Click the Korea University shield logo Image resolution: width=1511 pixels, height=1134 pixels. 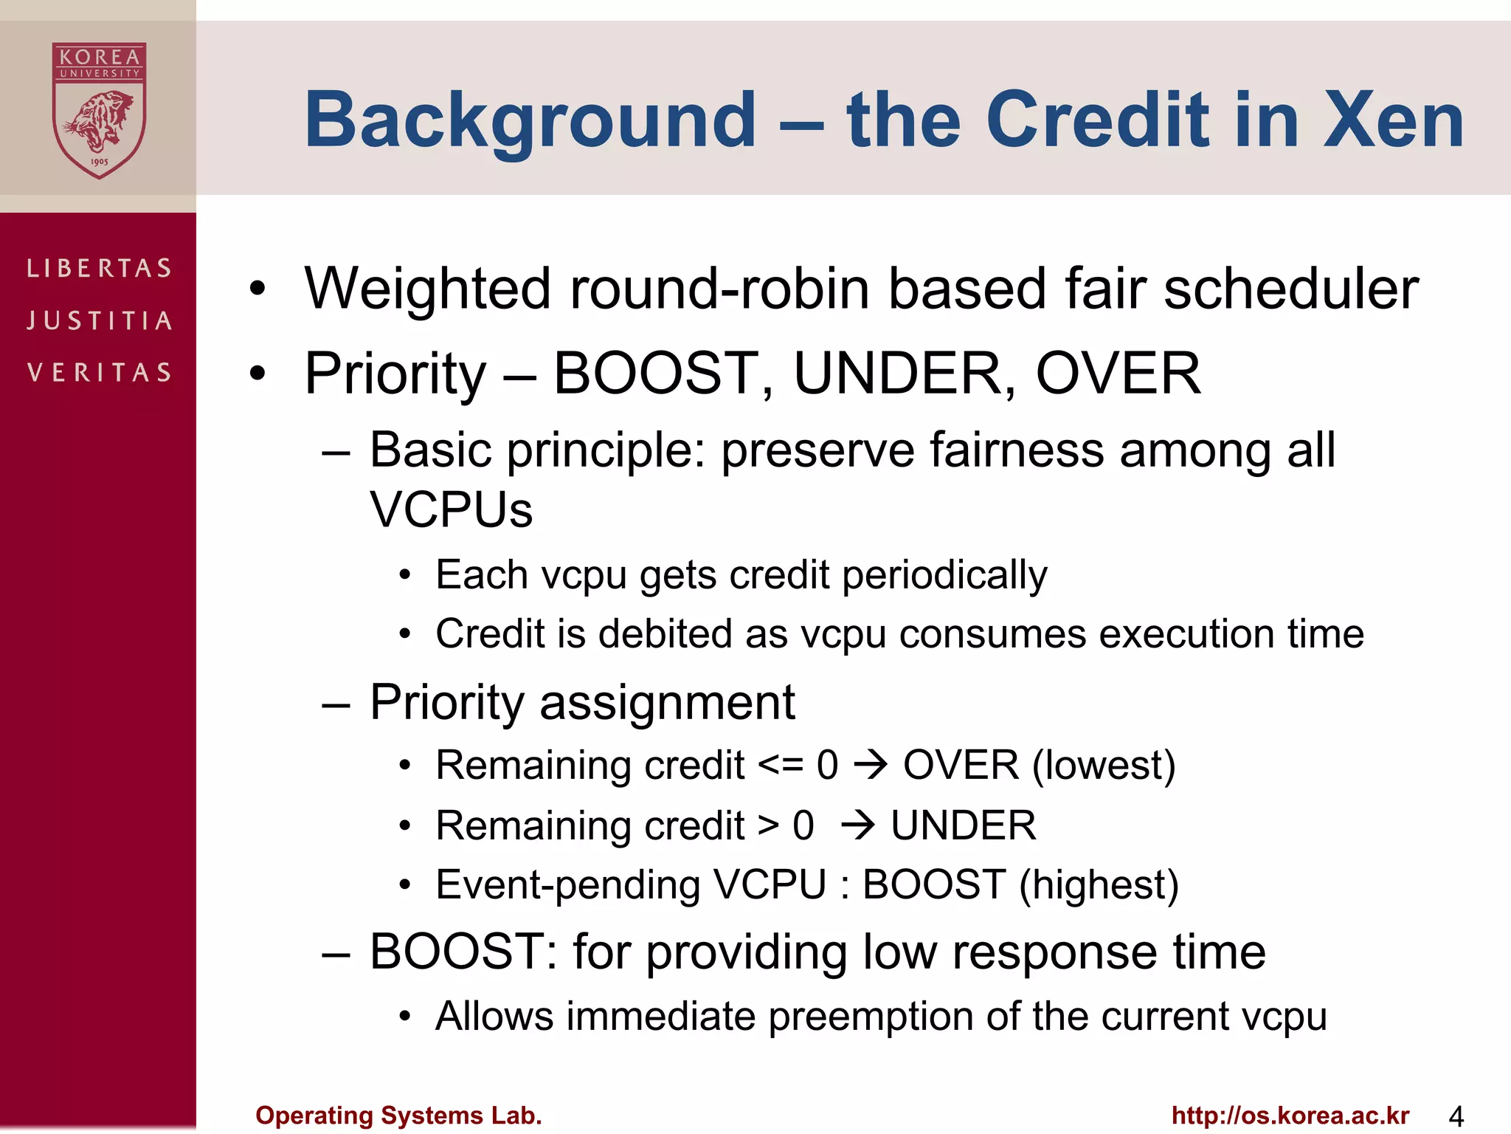(99, 111)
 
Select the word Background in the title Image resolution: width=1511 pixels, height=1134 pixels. (530, 120)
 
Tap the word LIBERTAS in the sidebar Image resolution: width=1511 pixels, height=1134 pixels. (100, 268)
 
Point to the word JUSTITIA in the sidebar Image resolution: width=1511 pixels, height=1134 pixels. (100, 320)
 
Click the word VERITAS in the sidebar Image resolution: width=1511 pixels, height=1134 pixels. (100, 372)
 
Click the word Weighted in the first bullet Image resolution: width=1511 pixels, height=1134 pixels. (427, 289)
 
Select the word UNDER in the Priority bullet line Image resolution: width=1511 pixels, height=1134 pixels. (897, 374)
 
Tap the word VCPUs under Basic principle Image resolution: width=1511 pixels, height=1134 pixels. (451, 509)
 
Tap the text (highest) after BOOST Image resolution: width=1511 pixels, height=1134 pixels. (1099, 885)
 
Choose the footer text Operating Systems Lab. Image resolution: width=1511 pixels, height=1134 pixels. (398, 1115)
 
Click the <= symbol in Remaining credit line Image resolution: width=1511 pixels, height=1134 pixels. (781, 766)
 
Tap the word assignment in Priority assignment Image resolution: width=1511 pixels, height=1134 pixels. (667, 703)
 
